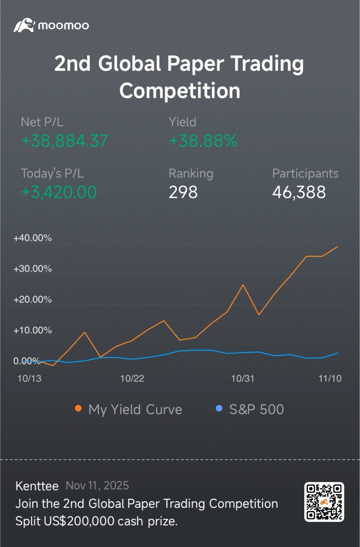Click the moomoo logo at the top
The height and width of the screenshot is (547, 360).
pos(51,25)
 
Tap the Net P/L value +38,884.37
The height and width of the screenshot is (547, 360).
pos(64,141)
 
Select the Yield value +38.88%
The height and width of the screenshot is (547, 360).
pos(203,141)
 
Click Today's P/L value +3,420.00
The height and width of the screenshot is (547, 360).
pos(59,192)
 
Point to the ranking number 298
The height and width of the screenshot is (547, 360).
pos(184,192)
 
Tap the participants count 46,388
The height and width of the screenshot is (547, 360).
pos(299,192)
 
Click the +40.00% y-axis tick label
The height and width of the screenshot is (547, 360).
pos(33,238)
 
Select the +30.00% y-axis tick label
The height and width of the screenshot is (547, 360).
pos(33,268)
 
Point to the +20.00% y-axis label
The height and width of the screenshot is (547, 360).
pos(33,300)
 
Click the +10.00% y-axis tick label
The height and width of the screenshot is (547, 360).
pos(33,330)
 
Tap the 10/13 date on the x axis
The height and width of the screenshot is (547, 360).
pos(29,379)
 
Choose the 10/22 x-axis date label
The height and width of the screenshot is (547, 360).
pos(132,379)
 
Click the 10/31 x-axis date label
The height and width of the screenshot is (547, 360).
pos(243,379)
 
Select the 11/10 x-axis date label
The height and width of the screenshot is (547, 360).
pos(329,379)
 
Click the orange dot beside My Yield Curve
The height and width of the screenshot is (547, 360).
pos(78,409)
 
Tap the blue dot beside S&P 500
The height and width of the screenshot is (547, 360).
pos(219,409)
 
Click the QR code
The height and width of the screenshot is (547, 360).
pos(324,501)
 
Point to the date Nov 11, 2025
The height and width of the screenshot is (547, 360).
pos(97,486)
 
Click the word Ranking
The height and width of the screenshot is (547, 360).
pos(191,173)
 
